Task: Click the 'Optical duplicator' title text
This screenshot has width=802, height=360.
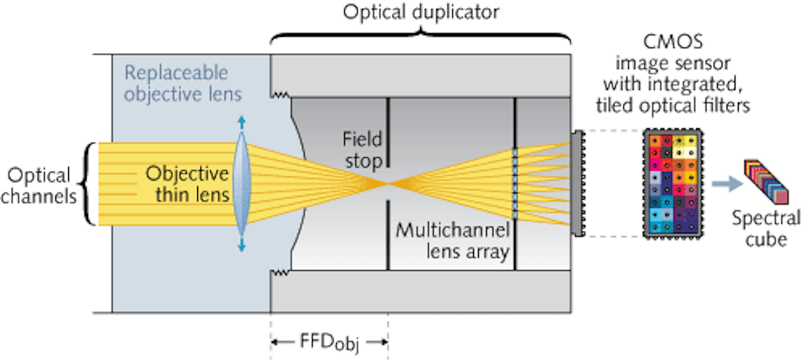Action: pos(421,13)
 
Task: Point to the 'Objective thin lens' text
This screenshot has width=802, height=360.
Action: pos(184,184)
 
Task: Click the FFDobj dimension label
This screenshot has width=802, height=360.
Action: pos(330,342)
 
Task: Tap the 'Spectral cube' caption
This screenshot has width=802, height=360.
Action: pos(764,229)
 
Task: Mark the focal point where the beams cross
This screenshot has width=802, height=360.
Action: pos(388,184)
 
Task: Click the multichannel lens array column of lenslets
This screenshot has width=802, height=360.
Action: pos(515,184)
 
